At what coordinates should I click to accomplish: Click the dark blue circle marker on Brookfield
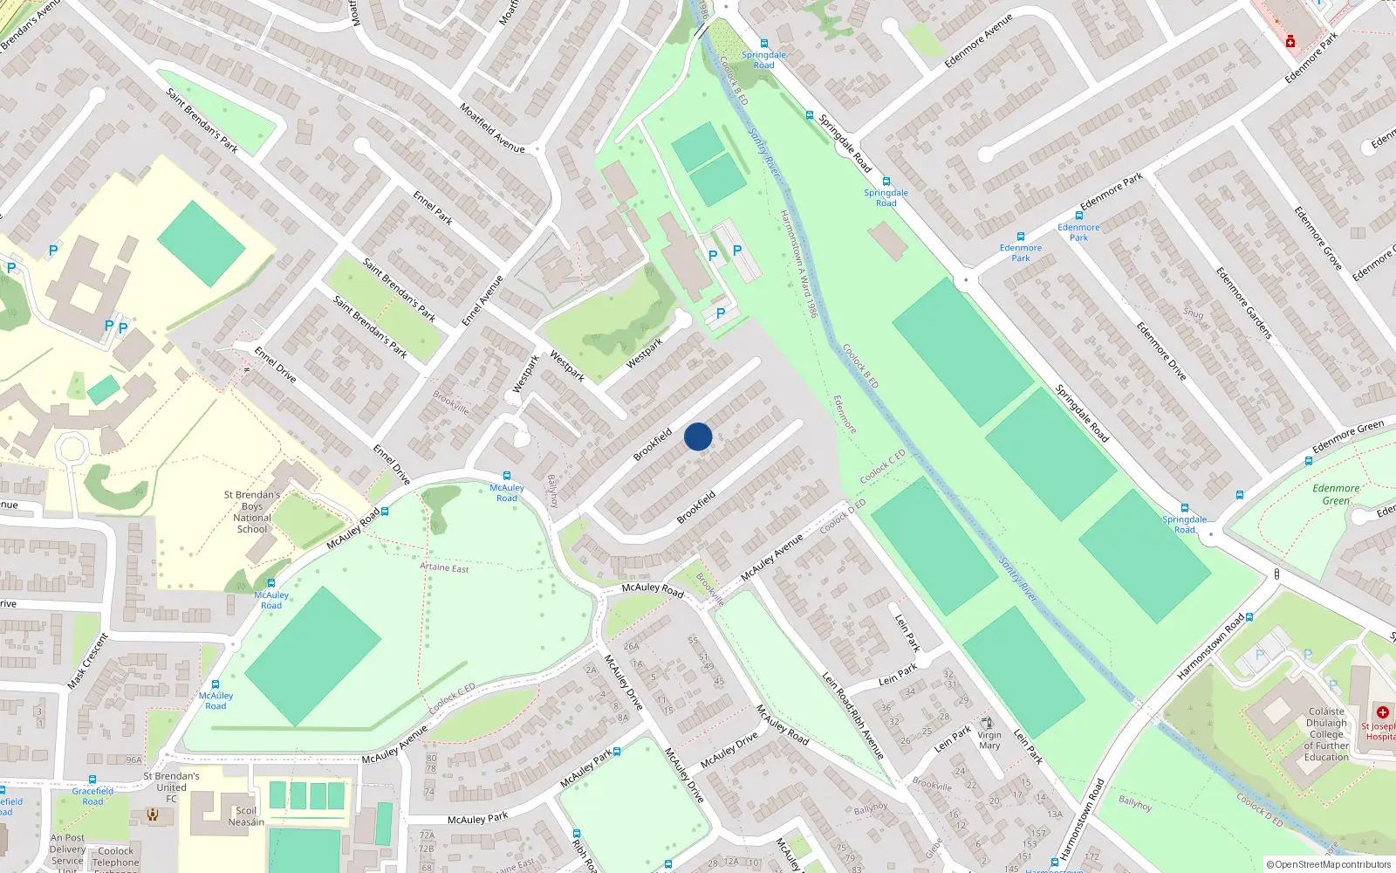click(x=698, y=436)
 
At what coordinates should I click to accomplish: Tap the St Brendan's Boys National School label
click(x=252, y=512)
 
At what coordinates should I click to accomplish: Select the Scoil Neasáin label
click(x=246, y=816)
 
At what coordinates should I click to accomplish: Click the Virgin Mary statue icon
click(x=988, y=723)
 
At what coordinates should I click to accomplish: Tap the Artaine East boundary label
click(x=444, y=567)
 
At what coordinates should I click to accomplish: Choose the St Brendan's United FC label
click(x=171, y=787)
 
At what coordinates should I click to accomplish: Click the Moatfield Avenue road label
click(x=492, y=128)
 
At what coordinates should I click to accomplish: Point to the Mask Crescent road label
click(x=88, y=661)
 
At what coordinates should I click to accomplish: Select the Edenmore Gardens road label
click(x=1243, y=303)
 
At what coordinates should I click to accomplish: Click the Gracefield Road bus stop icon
click(x=92, y=780)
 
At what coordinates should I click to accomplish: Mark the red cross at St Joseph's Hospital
click(x=1382, y=712)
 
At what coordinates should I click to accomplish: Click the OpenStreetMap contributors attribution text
click(x=1329, y=865)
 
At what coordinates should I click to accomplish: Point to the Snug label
click(x=1193, y=313)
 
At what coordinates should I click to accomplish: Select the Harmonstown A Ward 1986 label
click(x=797, y=263)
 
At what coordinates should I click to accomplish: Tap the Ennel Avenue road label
click(x=482, y=301)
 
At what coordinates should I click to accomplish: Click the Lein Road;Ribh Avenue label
click(x=853, y=715)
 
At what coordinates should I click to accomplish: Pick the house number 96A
click(x=133, y=760)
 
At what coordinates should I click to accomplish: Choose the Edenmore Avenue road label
click(x=978, y=41)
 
